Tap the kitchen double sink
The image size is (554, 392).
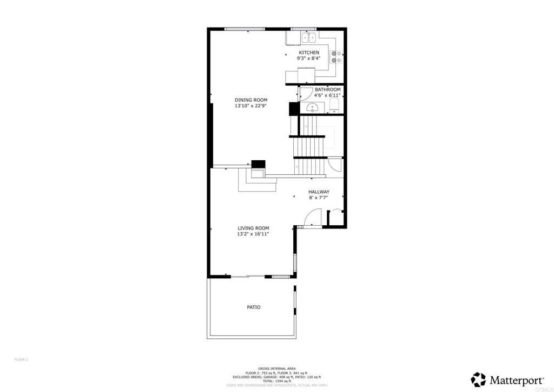point(308,38)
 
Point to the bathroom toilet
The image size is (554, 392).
point(334,104)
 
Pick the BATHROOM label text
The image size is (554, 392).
point(328,89)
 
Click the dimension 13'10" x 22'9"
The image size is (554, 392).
point(250,106)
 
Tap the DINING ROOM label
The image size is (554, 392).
point(250,100)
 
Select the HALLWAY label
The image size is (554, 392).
point(319,192)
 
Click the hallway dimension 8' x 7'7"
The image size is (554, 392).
point(319,198)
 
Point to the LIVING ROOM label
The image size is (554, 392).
point(253,228)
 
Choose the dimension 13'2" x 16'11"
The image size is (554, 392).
point(253,234)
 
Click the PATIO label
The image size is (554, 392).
point(254,307)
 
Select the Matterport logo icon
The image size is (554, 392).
point(478,378)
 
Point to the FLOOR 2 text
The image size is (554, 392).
point(21,359)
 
